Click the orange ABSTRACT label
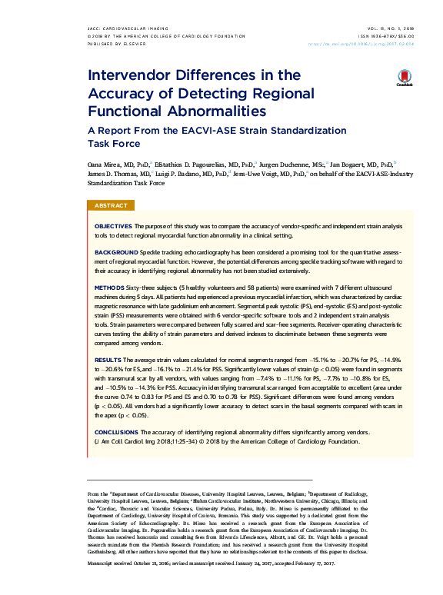coord(111,206)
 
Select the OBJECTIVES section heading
coord(113,227)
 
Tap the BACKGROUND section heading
coord(117,252)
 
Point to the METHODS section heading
coord(109,286)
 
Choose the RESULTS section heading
coord(107,360)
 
